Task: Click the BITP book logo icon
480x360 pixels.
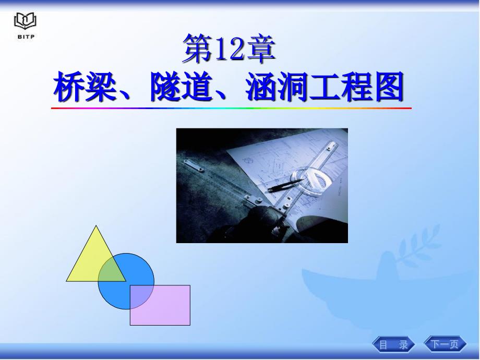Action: (25, 21)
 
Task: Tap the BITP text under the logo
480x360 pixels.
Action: (26, 37)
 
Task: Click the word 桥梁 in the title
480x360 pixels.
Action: (85, 87)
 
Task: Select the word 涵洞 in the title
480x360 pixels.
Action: (277, 87)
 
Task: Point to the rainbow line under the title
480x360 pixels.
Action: (231, 108)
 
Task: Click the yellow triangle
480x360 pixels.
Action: (92, 260)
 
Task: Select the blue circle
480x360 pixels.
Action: (126, 281)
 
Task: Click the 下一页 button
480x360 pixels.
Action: (445, 344)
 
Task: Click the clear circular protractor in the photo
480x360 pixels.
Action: (309, 181)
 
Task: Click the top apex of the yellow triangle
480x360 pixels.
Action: (96, 225)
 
